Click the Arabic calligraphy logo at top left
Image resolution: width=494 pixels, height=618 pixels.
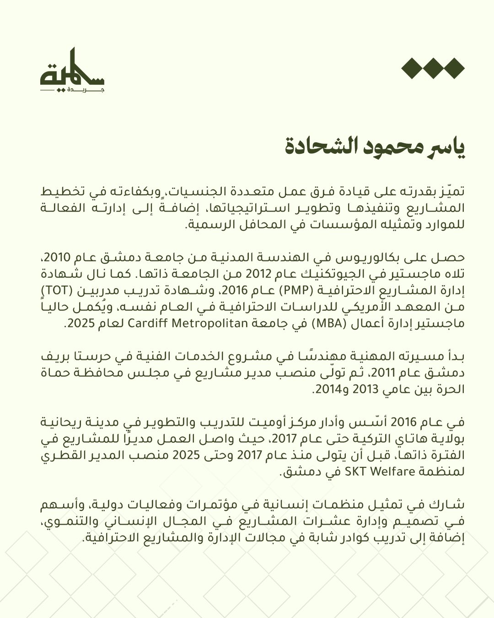[72, 71]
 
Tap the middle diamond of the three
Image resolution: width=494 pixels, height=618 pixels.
[433, 69]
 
